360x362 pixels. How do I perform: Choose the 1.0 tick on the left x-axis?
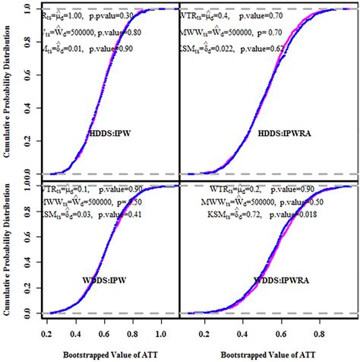160,333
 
